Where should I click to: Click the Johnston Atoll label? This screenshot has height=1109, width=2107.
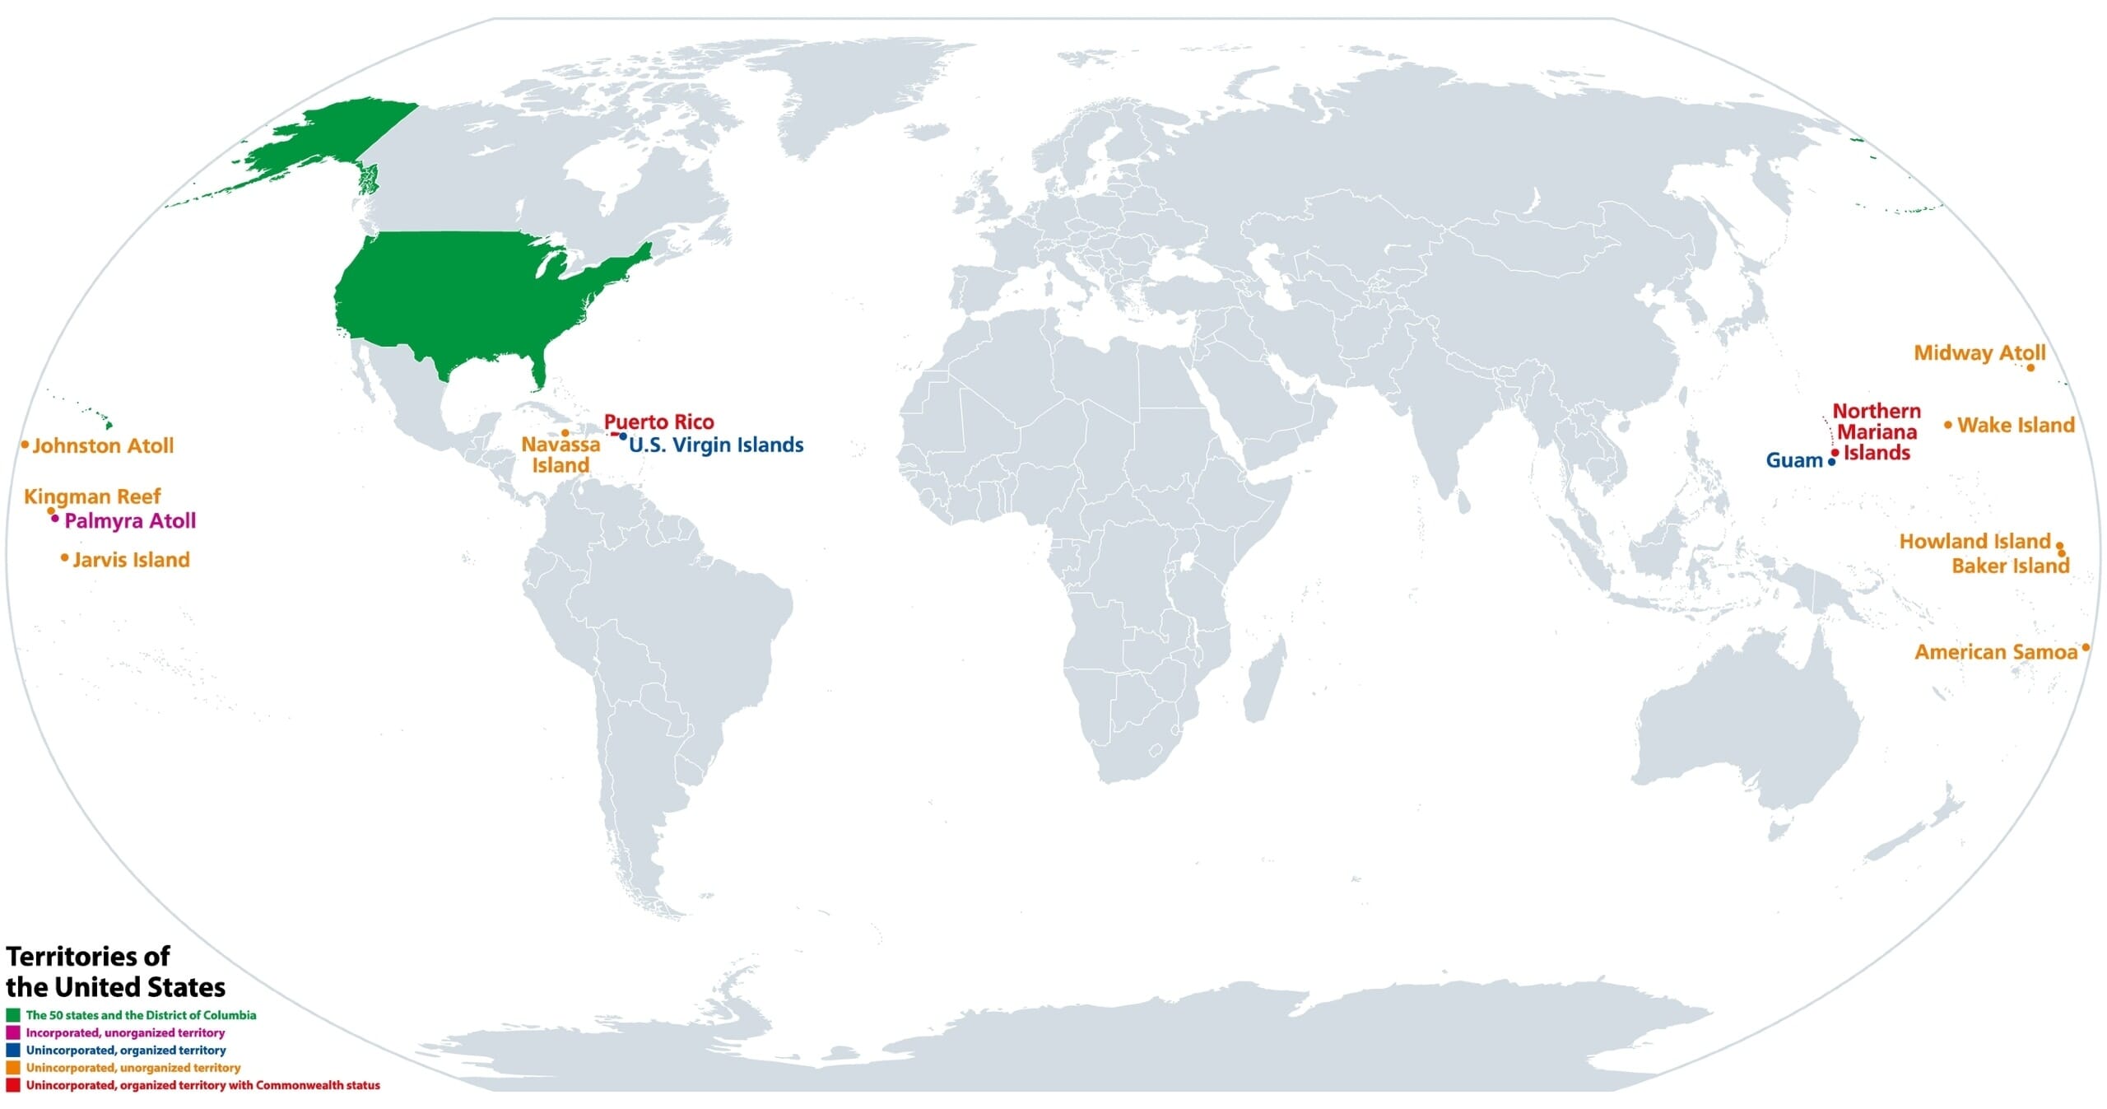[x=103, y=446]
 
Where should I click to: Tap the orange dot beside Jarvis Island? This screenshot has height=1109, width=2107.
[x=64, y=558]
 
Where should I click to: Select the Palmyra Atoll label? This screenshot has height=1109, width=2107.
[x=130, y=521]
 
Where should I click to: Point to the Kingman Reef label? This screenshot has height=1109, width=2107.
[x=92, y=496]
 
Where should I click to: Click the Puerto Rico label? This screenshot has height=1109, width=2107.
[x=659, y=422]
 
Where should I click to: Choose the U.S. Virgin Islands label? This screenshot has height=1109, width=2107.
[x=716, y=445]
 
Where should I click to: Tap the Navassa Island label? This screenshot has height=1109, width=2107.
[x=560, y=455]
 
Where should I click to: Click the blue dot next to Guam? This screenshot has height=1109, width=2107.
[x=1832, y=462]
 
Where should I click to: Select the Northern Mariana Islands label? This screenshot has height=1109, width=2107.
[x=1877, y=432]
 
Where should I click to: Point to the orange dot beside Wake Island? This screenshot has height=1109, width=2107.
[x=1948, y=425]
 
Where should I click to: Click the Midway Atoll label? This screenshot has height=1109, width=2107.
[x=1979, y=353]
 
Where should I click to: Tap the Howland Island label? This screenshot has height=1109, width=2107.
[x=1974, y=542]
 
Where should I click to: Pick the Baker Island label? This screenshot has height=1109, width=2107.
[x=2010, y=566]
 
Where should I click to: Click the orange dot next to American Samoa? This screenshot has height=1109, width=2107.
[x=2086, y=648]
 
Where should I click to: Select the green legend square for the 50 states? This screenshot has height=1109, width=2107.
[x=13, y=1015]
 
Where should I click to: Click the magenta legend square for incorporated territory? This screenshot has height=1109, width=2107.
[x=13, y=1032]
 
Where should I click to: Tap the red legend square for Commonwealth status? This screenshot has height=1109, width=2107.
[x=13, y=1085]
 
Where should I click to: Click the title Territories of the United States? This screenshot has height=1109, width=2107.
[x=115, y=972]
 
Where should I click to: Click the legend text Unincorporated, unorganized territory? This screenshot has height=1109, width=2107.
[x=133, y=1068]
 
